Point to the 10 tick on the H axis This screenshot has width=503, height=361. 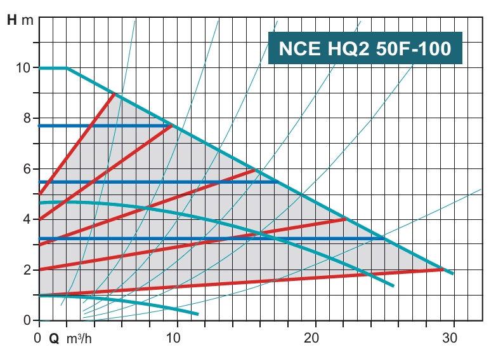click(x=23, y=67)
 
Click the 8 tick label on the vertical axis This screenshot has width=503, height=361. click(x=27, y=118)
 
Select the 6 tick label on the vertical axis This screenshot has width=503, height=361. click(x=27, y=169)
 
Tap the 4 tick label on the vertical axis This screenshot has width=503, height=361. click(x=27, y=219)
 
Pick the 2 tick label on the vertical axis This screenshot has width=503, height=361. click(x=27, y=270)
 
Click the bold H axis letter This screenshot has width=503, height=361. click(x=12, y=20)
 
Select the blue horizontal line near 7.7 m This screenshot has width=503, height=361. click(x=101, y=126)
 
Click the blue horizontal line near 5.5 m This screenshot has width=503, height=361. click(x=159, y=182)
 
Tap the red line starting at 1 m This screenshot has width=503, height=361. click(x=241, y=282)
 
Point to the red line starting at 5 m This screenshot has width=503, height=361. click(x=76, y=145)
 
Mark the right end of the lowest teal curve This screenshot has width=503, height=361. click(x=197, y=314)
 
